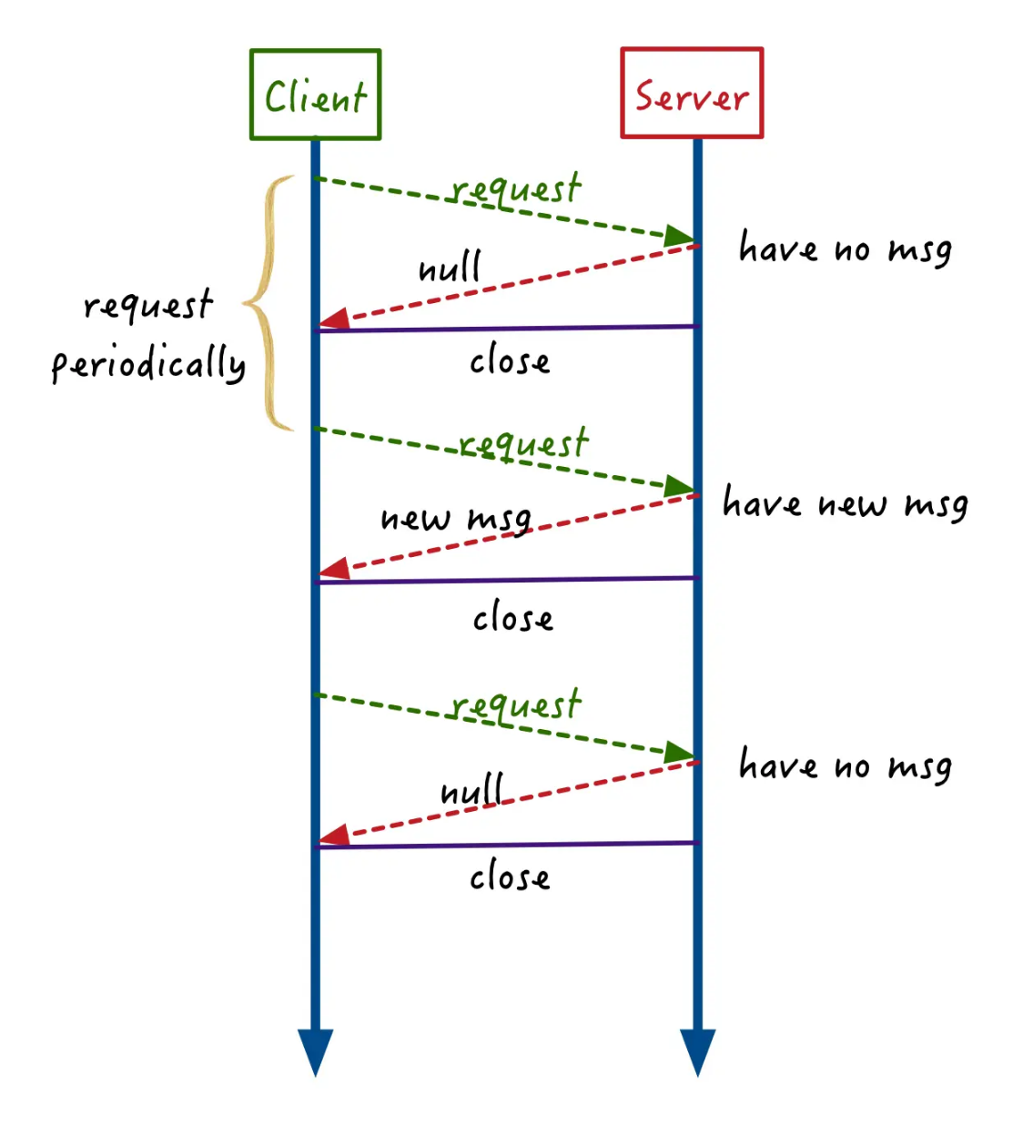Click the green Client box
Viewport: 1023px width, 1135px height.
[315, 95]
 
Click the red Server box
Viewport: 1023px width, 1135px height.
[692, 94]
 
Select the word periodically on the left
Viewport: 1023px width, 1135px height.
[148, 364]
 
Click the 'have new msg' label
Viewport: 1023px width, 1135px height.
[845, 503]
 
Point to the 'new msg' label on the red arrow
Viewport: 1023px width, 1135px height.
[455, 519]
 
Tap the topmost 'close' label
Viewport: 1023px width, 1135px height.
[510, 361]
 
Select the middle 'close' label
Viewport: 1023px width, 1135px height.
[512, 619]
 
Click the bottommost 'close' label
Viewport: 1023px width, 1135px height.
[510, 877]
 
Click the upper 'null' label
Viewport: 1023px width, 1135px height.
[449, 268]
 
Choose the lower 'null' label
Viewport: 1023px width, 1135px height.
[471, 790]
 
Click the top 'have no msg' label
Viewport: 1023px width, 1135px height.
[846, 248]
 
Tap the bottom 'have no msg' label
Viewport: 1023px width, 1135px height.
[846, 765]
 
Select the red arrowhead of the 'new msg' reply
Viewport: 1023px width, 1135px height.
[335, 570]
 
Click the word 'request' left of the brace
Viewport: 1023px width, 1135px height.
[147, 305]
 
